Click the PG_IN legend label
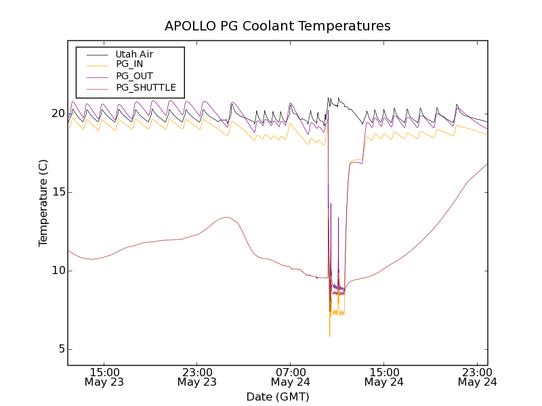point(129,64)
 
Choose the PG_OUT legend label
point(134,76)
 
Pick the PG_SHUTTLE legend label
point(146,87)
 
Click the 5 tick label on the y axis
point(60,349)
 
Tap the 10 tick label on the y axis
point(57,271)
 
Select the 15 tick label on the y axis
point(57,192)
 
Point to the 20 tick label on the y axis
point(57,114)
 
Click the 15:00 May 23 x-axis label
point(104,377)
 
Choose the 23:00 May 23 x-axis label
point(198,377)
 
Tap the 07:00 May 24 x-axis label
point(291,377)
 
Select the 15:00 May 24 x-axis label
point(384,377)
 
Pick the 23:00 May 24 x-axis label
point(477,377)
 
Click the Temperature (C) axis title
point(43,203)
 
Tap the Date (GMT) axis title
point(277,397)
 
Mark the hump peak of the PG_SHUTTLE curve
point(228,217)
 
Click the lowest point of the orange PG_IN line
point(329,336)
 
